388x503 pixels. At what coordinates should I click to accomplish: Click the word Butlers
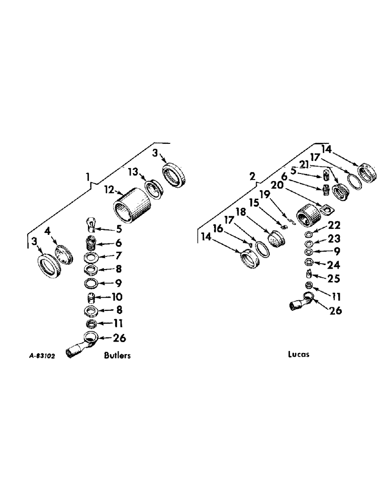click(117, 356)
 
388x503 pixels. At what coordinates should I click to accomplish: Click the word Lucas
click(299, 354)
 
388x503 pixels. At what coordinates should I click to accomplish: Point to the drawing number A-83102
click(42, 356)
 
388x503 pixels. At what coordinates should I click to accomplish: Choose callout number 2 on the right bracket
click(253, 176)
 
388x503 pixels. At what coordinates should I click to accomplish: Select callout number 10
click(119, 297)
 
